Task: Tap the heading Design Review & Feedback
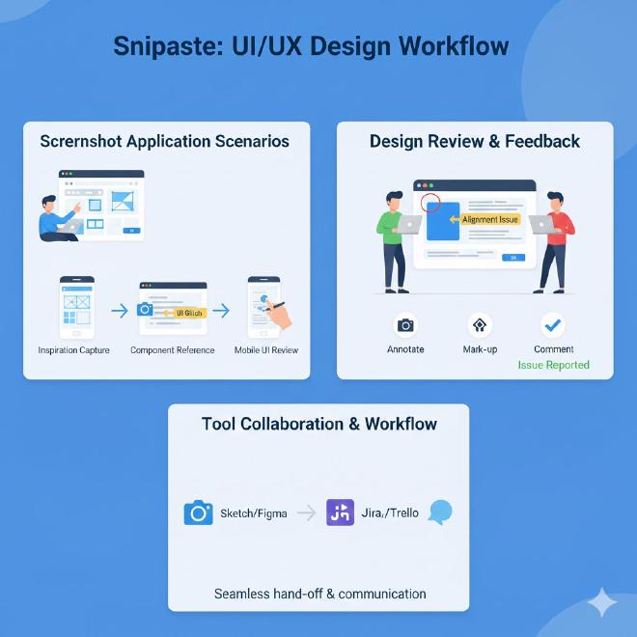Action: pyautogui.click(x=474, y=141)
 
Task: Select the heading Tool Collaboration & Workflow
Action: pyautogui.click(x=318, y=424)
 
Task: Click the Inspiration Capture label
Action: pyautogui.click(x=74, y=349)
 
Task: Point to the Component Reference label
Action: pyautogui.click(x=173, y=349)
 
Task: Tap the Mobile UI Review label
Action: pyautogui.click(x=266, y=349)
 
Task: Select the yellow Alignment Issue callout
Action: pyautogui.click(x=489, y=220)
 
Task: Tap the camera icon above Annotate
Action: pyautogui.click(x=405, y=325)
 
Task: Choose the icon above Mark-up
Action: pyautogui.click(x=479, y=325)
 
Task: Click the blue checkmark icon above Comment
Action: pyautogui.click(x=553, y=325)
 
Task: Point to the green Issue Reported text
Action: pyautogui.click(x=553, y=365)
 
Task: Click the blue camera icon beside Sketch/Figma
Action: pyautogui.click(x=198, y=512)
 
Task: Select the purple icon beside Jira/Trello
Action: pyautogui.click(x=340, y=512)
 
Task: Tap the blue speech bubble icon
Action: pyautogui.click(x=440, y=512)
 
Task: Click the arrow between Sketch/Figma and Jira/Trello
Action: pyautogui.click(x=306, y=513)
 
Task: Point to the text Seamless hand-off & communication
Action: pyautogui.click(x=319, y=594)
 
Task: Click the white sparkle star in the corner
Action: pyautogui.click(x=603, y=602)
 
